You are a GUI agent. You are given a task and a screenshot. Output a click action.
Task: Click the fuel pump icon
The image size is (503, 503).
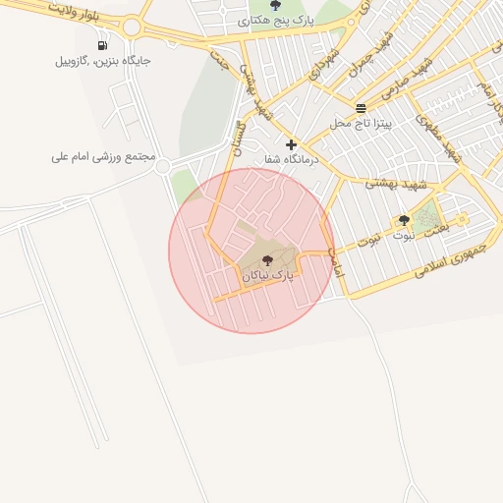coord(103,45)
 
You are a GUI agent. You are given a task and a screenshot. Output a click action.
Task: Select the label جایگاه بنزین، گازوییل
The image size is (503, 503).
coord(103,61)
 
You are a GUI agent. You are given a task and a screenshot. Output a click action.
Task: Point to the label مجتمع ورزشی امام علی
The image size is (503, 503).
coord(105,157)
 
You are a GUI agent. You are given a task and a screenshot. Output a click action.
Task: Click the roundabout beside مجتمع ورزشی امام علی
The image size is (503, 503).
coord(162,167)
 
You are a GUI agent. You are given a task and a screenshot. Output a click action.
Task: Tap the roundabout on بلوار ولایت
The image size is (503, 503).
coord(131,28)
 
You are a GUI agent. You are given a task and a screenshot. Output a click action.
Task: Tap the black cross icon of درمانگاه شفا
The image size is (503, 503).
coord(291,144)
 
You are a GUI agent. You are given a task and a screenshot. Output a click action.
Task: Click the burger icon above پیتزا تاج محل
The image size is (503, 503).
coord(362,107)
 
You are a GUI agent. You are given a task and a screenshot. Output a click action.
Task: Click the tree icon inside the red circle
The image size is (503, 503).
coord(268,260)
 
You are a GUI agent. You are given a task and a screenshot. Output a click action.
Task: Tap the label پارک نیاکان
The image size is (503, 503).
coord(268,277)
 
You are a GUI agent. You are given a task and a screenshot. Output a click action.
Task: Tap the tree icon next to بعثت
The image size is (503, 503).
coord(404,220)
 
